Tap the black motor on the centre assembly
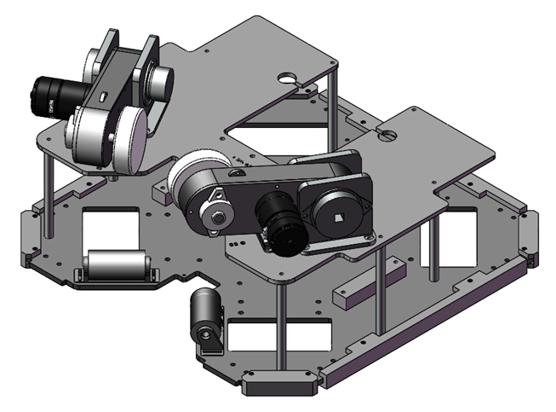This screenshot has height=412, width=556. coord(278,223)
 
